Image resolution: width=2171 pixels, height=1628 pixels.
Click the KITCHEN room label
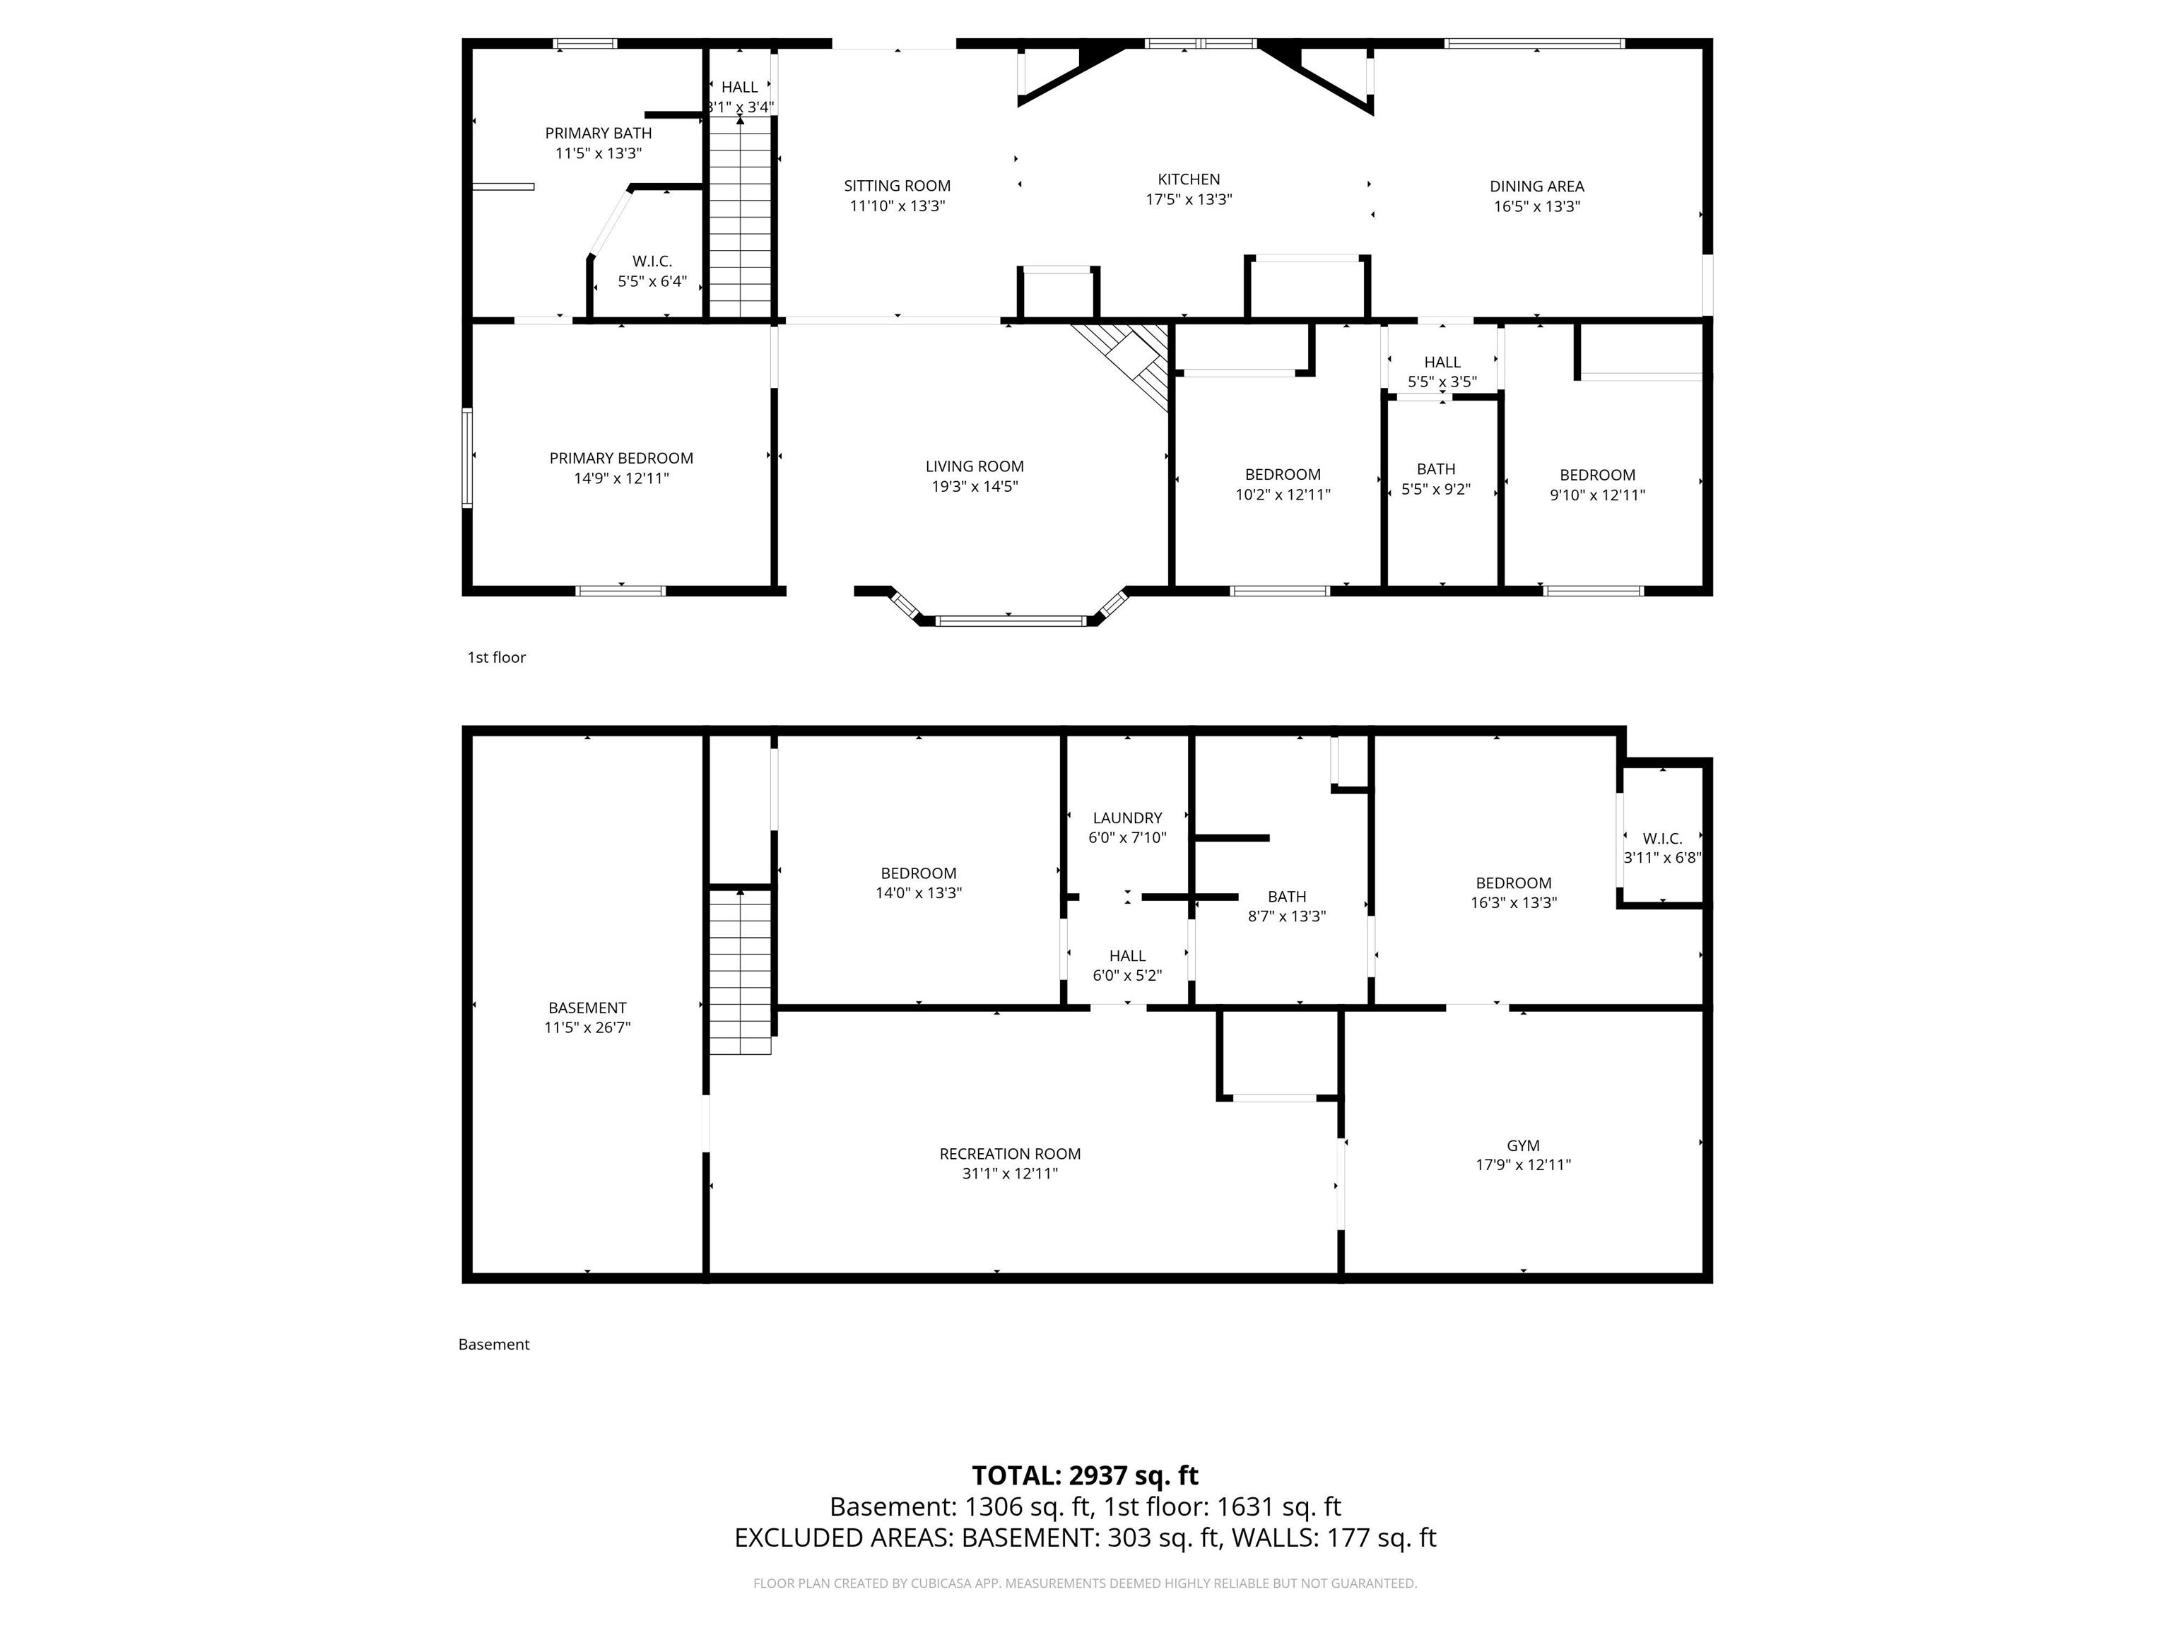(1189, 179)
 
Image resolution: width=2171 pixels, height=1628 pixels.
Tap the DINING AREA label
(1536, 187)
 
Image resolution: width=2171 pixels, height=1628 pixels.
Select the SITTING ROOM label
(897, 185)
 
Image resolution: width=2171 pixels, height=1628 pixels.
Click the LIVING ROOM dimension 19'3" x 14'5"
(975, 487)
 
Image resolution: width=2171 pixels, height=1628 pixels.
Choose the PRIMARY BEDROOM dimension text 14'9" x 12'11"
(621, 479)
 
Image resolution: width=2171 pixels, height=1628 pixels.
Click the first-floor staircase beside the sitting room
(740, 216)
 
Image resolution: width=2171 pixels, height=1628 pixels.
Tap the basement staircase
(740, 971)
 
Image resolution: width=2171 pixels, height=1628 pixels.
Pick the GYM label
(1523, 1145)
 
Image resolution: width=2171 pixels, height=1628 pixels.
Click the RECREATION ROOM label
(1010, 1154)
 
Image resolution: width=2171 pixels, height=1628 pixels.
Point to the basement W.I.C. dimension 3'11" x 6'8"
(1661, 858)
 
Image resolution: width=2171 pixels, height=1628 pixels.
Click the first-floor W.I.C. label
(652, 261)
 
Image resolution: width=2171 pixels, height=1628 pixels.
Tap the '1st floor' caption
(497, 657)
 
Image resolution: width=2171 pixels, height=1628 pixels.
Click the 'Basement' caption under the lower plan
(494, 1345)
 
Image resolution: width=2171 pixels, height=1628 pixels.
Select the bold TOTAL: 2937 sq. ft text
(1085, 1476)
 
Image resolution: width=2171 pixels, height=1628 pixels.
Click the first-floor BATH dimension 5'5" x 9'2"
(1436, 490)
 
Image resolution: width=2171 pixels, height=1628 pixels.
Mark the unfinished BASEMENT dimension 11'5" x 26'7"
(587, 1028)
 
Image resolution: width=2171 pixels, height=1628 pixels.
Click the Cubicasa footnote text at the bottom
(1085, 1583)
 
